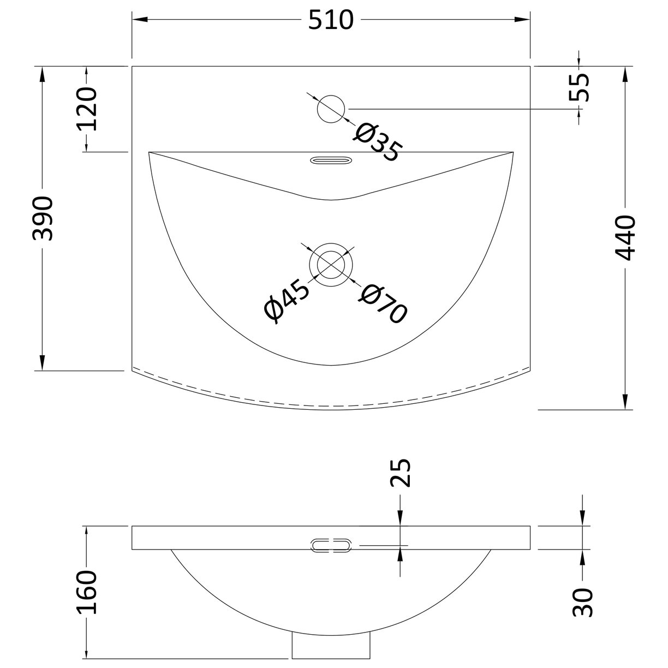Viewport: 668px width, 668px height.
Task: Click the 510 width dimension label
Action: tap(331, 20)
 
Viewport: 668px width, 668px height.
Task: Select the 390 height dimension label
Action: tap(43, 218)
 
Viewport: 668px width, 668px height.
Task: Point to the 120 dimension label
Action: tap(86, 109)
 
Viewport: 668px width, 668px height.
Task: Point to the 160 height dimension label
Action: tap(86, 592)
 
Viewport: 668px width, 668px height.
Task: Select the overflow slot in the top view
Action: tap(331, 160)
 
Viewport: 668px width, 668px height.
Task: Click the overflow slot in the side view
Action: tap(331, 545)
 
